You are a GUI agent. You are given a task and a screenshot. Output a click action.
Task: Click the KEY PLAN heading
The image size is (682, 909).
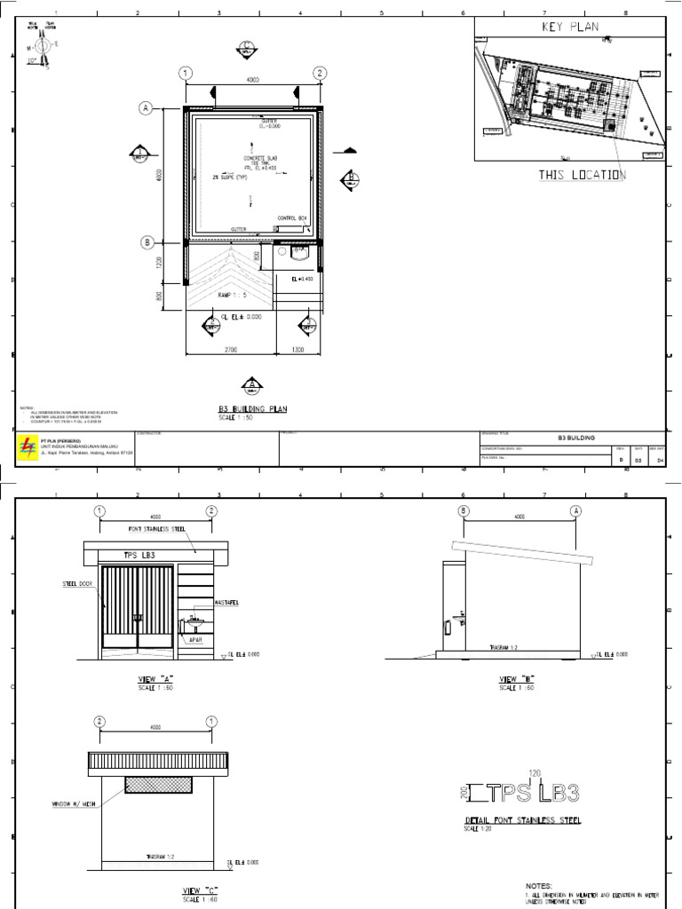click(570, 28)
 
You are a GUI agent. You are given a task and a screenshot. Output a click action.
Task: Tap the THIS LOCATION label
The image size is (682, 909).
click(582, 175)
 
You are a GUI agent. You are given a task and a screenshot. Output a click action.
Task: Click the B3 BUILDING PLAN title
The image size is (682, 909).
click(253, 409)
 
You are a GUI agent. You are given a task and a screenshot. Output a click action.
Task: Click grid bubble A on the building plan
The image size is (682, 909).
click(146, 108)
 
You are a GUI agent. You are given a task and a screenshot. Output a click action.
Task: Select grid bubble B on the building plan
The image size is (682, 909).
click(146, 241)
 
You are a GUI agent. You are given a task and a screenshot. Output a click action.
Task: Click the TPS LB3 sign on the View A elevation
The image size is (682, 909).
click(138, 555)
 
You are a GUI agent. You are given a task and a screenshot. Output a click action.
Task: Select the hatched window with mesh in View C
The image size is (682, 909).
click(159, 784)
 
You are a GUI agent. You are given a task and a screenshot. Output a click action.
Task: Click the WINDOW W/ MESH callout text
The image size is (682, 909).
click(67, 805)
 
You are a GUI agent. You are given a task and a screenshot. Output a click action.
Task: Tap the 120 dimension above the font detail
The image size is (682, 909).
click(535, 773)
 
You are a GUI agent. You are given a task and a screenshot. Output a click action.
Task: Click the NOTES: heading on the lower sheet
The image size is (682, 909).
click(539, 886)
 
